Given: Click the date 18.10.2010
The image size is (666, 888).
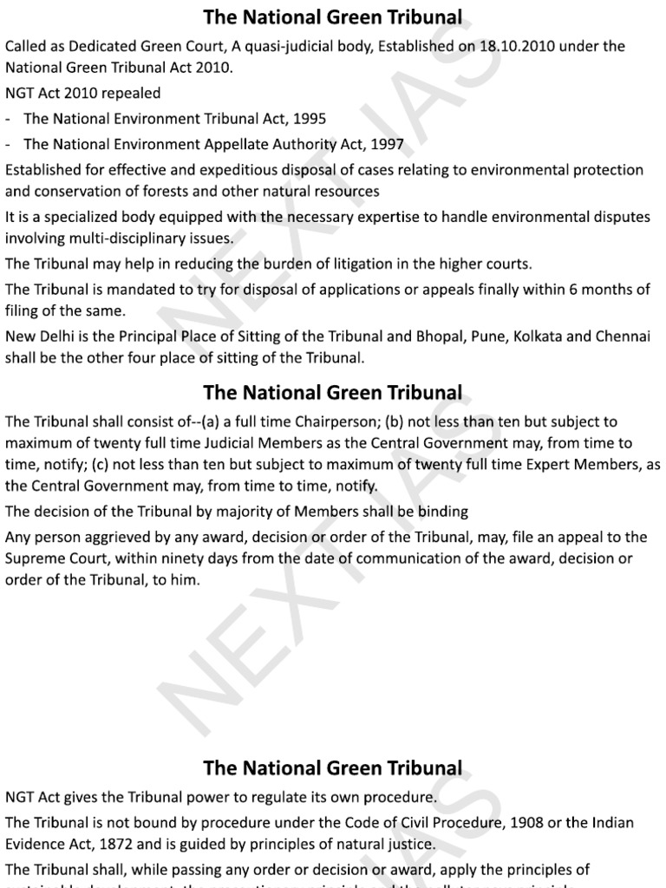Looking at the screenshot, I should pos(530,46).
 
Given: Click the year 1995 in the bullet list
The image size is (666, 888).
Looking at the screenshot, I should pos(310,119).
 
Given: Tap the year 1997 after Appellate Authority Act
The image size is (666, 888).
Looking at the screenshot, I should pos(387,144).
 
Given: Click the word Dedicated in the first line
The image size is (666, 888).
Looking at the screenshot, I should pos(110,46).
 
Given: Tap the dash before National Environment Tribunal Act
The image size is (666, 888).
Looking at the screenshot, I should pos(9,119).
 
